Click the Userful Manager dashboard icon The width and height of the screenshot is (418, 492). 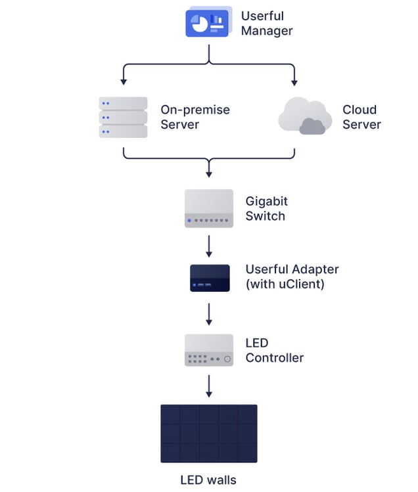pos(207,22)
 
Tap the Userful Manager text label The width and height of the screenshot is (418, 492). pos(266,23)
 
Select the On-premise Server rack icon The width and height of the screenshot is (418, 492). pos(123,117)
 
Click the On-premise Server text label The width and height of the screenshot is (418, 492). pos(195,117)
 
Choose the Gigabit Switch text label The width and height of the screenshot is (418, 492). pos(267,208)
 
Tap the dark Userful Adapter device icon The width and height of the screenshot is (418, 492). pos(209,278)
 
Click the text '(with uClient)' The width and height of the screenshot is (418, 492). pos(284,285)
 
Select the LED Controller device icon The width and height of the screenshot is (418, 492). pos(209,350)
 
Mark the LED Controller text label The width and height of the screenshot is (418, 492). pos(274,350)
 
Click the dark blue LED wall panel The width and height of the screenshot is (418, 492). pos(209,434)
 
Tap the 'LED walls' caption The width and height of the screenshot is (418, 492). pos(208,480)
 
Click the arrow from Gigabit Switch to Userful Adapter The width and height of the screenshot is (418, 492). pos(209,246)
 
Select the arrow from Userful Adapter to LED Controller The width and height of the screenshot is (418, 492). pos(209,314)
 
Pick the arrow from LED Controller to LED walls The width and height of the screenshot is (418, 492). pos(209,386)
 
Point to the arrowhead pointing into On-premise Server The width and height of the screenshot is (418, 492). pos(124,82)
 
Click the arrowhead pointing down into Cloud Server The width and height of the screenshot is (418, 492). pos(294,82)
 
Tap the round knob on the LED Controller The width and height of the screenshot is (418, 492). pos(227,359)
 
